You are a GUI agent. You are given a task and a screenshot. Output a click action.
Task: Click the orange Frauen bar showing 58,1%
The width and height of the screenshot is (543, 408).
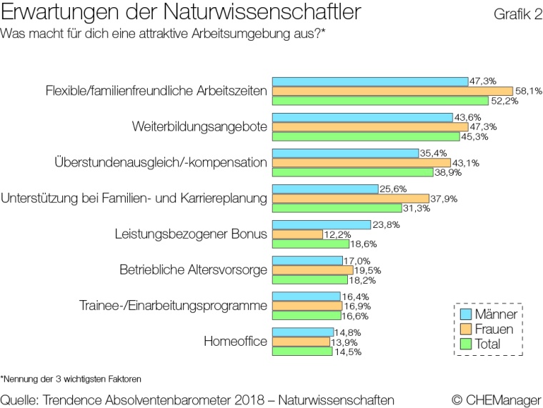click(x=392, y=91)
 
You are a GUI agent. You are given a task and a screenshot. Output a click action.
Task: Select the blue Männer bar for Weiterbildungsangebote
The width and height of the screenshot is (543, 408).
click(x=363, y=117)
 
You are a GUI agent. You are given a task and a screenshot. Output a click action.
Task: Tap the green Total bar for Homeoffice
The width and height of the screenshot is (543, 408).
click(x=302, y=351)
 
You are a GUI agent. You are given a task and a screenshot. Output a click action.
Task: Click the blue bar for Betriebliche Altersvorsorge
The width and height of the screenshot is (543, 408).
click(x=308, y=260)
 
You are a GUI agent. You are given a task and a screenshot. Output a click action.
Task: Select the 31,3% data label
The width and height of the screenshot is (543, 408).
click(x=415, y=208)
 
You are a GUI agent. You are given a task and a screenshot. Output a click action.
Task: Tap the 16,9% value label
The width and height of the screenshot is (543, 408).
click(x=355, y=305)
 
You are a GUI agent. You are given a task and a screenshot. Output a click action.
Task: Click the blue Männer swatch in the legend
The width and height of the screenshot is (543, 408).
click(x=465, y=314)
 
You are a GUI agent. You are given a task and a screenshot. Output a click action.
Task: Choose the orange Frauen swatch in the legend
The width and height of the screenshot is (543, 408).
click(x=465, y=329)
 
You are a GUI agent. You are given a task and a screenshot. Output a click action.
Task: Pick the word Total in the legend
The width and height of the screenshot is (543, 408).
click(x=489, y=344)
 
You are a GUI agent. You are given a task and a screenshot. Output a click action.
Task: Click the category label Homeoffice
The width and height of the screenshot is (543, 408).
click(x=236, y=342)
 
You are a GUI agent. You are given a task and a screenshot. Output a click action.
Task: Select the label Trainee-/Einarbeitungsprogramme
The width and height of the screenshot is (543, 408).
click(x=173, y=306)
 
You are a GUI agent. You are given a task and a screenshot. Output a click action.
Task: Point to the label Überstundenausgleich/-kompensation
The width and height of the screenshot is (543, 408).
click(x=161, y=162)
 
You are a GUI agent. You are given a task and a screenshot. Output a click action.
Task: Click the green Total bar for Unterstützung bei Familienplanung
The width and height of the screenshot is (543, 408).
click(x=338, y=208)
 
